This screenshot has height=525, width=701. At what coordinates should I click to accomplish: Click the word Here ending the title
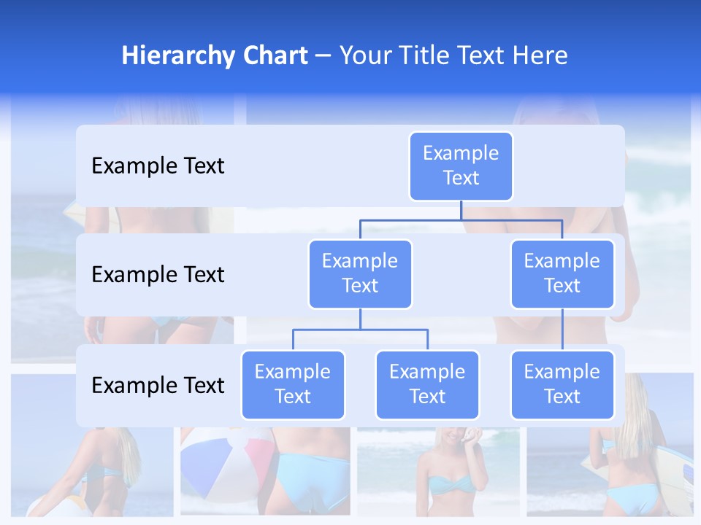point(540,55)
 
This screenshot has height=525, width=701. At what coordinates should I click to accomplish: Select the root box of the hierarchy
point(461,166)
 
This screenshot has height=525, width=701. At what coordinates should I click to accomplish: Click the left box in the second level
point(360,274)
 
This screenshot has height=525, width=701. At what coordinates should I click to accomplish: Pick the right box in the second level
point(562,274)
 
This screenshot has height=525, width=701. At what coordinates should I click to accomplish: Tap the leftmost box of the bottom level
point(293,385)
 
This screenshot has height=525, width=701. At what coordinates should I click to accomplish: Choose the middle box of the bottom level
point(427,385)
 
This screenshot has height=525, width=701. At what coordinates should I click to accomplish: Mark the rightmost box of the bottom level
point(562,385)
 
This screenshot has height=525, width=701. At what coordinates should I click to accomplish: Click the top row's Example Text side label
point(158,166)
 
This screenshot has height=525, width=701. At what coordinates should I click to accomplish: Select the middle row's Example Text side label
point(158,275)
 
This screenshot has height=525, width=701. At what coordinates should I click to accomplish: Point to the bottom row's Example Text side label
point(158,385)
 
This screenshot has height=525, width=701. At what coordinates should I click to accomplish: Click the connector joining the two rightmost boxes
point(562,330)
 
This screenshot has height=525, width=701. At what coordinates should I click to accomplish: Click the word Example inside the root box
point(461,154)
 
